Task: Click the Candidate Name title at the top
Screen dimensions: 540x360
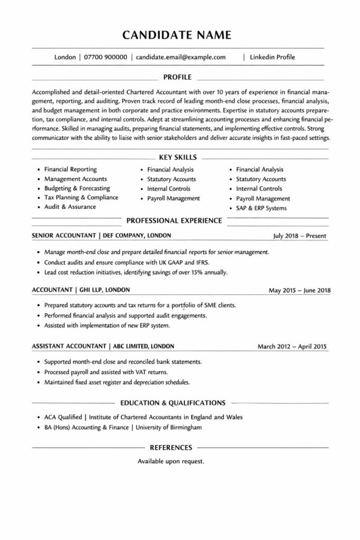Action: pyautogui.click(x=177, y=35)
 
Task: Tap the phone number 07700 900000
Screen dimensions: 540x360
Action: pyautogui.click(x=105, y=57)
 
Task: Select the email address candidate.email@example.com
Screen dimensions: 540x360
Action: pyautogui.click(x=181, y=57)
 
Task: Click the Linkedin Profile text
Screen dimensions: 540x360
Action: pyautogui.click(x=273, y=57)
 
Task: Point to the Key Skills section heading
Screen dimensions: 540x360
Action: pyautogui.click(x=178, y=157)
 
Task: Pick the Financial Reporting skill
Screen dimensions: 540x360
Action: pyautogui.click(x=70, y=169)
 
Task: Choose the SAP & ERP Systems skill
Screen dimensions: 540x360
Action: pyautogui.click(x=261, y=208)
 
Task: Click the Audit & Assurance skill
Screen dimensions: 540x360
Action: pyautogui.click(x=70, y=207)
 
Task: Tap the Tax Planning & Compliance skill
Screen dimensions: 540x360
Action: pyautogui.click(x=81, y=197)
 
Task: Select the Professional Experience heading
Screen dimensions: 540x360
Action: pyautogui.click(x=174, y=220)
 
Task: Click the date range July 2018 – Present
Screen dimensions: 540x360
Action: pyautogui.click(x=299, y=236)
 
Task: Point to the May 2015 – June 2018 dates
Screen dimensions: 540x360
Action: pyautogui.click(x=299, y=291)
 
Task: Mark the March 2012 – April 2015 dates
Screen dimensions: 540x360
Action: pyautogui.click(x=292, y=346)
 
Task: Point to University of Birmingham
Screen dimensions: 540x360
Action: pyautogui.click(x=169, y=427)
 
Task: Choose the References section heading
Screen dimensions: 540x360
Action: pyautogui.click(x=171, y=447)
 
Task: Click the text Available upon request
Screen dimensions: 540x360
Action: pyautogui.click(x=171, y=461)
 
